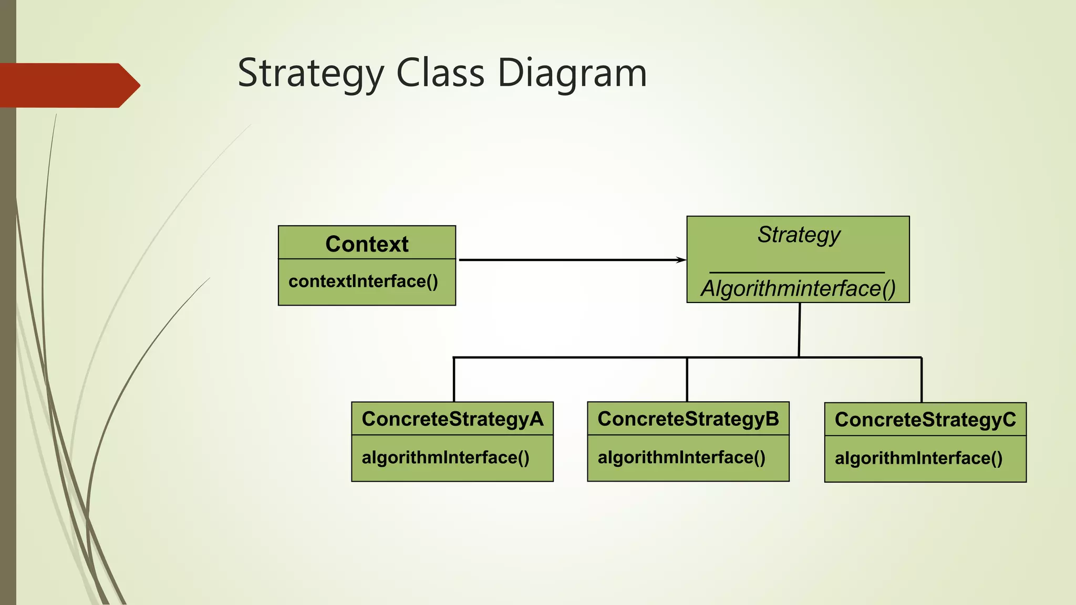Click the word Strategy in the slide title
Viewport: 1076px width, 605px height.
(x=311, y=74)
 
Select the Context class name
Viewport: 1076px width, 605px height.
(x=367, y=244)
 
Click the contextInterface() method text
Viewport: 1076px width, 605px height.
(x=363, y=281)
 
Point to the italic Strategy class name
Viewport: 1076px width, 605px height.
(x=799, y=235)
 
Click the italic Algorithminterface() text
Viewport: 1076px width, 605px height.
(x=798, y=288)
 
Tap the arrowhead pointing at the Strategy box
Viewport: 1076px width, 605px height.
(x=681, y=260)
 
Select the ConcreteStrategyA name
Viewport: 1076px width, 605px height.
(x=452, y=419)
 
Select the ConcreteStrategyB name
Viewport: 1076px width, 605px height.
(x=688, y=419)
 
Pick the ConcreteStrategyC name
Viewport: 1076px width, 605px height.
(x=925, y=420)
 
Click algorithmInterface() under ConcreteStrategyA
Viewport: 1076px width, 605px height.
(x=446, y=457)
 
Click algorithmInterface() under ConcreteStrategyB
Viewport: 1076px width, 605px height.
(x=681, y=457)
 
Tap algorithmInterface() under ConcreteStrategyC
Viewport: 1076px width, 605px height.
(x=918, y=458)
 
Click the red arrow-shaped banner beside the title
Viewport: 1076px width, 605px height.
(x=68, y=86)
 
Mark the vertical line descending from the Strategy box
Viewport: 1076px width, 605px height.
(x=800, y=330)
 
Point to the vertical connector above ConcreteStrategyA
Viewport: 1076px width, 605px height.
(x=454, y=380)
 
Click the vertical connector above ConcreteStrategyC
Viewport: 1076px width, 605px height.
(x=922, y=380)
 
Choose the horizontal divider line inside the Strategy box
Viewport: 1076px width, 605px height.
(x=797, y=273)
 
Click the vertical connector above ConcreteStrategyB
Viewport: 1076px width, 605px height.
(x=687, y=380)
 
